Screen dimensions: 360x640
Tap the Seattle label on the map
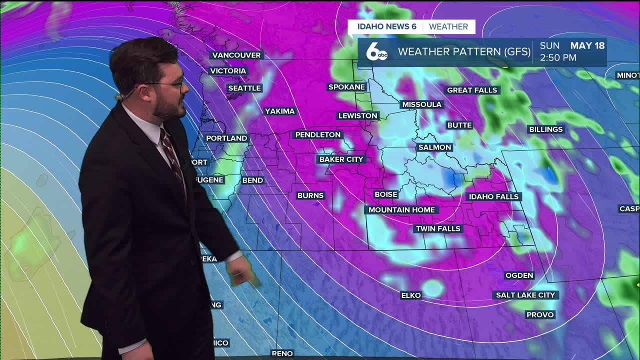coord(244,88)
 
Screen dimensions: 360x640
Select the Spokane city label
coord(346,87)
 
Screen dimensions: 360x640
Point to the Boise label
coord(386,194)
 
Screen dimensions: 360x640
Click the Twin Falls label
coord(438,228)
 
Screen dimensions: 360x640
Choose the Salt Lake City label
coord(525,295)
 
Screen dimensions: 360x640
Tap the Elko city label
coord(411,295)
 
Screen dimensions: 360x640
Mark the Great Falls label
coord(472,90)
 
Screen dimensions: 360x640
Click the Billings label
coord(546,129)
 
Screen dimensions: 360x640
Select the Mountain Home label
coord(401,210)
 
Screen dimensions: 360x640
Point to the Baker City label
coord(341,159)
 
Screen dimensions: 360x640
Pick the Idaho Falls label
coord(494,196)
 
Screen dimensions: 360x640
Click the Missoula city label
coord(422,104)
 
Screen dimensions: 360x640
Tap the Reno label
coord(282,353)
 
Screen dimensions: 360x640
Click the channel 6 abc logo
coord(376,52)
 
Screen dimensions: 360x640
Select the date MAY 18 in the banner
coord(587,45)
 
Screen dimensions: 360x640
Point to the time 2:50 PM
coord(558,58)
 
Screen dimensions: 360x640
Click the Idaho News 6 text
coord(387,26)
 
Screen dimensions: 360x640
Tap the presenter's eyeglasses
coord(172,85)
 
